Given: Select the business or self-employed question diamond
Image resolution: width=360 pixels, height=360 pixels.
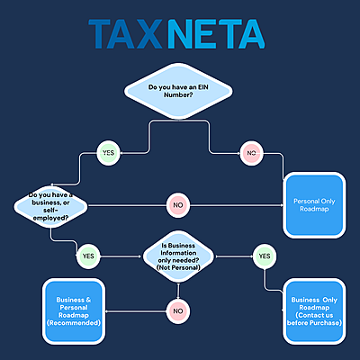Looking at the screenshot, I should pyautogui.click(x=49, y=204).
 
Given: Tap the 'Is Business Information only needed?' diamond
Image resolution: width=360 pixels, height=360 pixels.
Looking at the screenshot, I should pyautogui.click(x=181, y=256).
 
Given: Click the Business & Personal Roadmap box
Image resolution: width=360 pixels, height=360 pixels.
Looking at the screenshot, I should pyautogui.click(x=75, y=310).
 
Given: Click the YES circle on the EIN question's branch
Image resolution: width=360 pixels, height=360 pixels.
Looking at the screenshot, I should pyautogui.click(x=108, y=152).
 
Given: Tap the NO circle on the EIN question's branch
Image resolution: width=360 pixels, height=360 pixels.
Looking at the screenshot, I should pyautogui.click(x=251, y=153).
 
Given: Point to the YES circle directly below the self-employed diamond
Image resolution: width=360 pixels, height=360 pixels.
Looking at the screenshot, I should pyautogui.click(x=87, y=256).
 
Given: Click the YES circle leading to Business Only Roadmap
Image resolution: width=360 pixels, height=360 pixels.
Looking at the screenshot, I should pyautogui.click(x=264, y=256).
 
